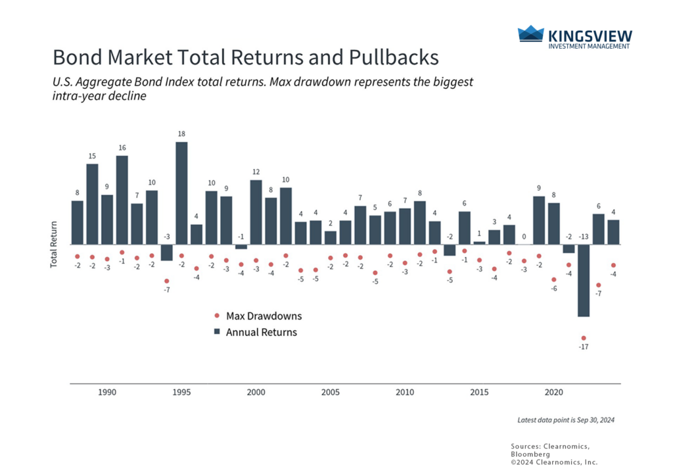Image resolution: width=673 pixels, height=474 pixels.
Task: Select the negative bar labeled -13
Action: (584, 281)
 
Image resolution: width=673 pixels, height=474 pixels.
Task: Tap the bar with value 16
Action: (122, 200)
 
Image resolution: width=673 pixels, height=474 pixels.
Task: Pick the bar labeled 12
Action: (256, 212)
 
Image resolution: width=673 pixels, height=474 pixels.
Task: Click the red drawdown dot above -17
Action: (584, 338)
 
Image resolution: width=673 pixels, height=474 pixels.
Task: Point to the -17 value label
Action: (584, 347)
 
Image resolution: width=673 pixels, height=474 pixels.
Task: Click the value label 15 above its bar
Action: (93, 156)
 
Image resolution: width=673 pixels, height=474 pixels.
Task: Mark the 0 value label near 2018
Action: (524, 237)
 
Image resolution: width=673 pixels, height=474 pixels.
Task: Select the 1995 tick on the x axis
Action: (182, 392)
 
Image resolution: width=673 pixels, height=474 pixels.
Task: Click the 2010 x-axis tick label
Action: (404, 392)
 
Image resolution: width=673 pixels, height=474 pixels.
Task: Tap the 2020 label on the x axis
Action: (553, 392)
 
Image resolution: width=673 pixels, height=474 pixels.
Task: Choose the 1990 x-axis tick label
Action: (107, 392)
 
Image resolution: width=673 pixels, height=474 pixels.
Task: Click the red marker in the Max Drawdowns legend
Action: (217, 316)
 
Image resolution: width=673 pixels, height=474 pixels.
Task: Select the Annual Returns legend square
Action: (217, 332)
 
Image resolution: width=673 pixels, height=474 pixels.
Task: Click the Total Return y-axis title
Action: (54, 243)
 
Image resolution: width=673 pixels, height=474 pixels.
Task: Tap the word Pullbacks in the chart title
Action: (396, 57)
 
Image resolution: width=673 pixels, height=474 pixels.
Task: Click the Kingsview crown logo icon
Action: (530, 34)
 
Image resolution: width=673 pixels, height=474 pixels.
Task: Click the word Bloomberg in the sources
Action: (531, 454)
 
